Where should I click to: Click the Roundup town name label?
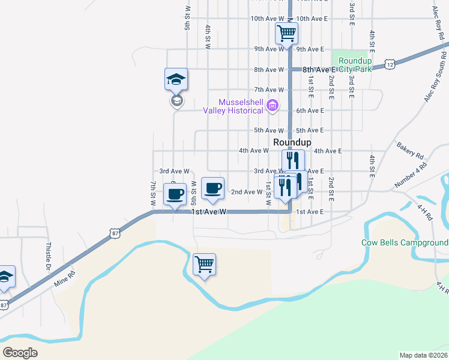(292, 142)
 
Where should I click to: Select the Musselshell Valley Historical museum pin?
(272, 106)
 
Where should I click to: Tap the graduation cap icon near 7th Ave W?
(176, 79)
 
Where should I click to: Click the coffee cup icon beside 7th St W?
(175, 194)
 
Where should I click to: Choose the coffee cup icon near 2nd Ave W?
(212, 188)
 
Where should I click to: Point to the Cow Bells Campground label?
(405, 243)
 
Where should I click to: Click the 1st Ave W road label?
(209, 212)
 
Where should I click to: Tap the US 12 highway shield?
(390, 63)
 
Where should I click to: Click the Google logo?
(20, 352)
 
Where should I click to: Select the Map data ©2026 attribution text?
(424, 355)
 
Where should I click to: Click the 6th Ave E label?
(310, 110)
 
